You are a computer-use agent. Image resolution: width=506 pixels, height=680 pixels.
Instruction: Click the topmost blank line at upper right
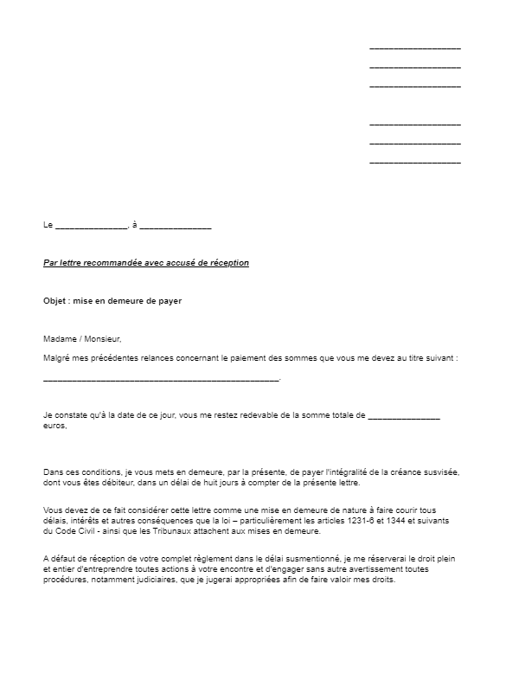point(414,48)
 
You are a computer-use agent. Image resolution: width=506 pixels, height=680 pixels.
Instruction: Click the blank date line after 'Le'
point(91,227)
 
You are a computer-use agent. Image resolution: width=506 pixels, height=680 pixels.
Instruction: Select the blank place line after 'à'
point(175,227)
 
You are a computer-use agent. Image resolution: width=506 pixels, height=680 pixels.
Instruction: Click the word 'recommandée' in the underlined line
point(106,263)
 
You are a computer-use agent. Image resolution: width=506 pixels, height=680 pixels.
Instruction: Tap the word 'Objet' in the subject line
point(54,301)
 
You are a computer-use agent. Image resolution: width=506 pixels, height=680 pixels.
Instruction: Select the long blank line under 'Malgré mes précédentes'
point(161,379)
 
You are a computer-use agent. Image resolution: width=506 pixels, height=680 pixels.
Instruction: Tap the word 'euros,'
point(54,427)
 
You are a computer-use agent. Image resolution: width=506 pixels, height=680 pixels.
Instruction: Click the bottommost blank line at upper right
point(414,162)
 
